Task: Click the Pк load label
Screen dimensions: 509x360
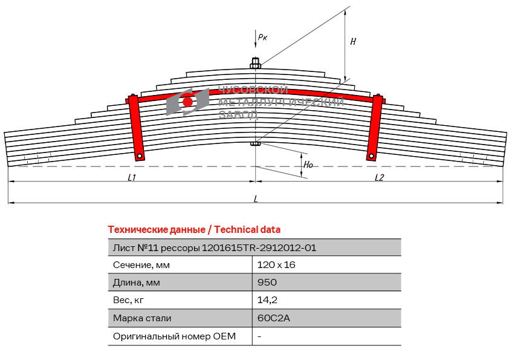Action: coord(262,37)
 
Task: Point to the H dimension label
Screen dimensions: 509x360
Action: coord(353,42)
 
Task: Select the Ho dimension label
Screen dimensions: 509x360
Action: coord(308,165)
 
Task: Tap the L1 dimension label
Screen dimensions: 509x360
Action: coord(131,177)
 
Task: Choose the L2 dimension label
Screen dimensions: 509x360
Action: coord(379,177)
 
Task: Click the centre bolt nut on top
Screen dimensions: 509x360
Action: coord(256,64)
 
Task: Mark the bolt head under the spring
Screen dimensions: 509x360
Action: coord(256,143)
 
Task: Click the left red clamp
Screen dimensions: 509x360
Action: coord(136,128)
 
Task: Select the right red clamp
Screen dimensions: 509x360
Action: coord(375,128)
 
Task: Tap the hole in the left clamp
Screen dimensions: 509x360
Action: coord(140,156)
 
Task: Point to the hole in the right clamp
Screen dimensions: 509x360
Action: coord(371,156)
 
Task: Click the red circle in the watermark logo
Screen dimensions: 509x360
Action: coord(187,102)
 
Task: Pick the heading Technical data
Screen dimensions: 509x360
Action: coord(247,230)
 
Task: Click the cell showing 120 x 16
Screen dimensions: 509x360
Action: coord(276,265)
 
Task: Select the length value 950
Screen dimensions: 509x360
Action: coord(267,283)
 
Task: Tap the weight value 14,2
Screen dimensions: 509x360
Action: coord(267,300)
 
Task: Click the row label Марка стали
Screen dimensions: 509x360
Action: coord(142,318)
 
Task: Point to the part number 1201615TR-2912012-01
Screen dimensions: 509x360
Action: coord(259,248)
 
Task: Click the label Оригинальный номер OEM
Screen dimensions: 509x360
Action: coord(174,336)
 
